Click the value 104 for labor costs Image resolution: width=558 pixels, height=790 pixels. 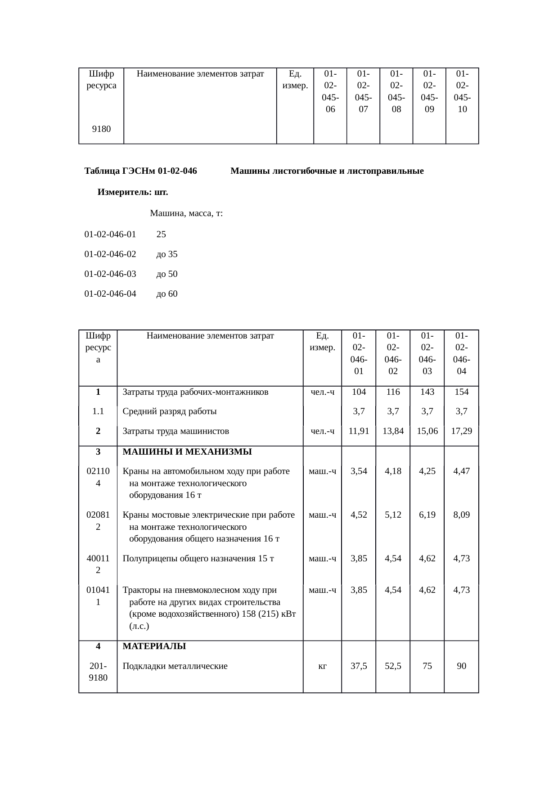pos(359,392)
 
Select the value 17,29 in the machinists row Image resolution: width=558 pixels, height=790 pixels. pos(461,431)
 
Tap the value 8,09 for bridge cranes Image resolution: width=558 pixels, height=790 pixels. pos(461,515)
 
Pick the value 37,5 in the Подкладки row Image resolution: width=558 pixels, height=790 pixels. pos(359,666)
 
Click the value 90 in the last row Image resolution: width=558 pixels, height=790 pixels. pos(461,666)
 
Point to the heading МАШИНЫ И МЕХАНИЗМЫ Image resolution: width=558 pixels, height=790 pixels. pos(187,451)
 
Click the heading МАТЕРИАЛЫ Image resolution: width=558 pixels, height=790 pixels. pos(154,646)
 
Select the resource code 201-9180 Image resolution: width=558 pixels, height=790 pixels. pos(98,671)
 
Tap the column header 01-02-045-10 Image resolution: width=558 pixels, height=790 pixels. pos(462,91)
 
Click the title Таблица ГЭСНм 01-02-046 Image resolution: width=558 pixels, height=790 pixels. pos(140,171)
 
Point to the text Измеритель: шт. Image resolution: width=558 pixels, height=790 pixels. pos(133,192)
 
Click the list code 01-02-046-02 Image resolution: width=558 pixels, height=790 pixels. pos(110,254)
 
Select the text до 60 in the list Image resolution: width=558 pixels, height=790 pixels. pos(166,293)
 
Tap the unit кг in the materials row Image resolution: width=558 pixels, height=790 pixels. pos(322,666)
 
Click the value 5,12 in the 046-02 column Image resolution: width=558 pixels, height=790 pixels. pos(393,515)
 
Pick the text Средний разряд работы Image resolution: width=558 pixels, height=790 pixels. pos(170,411)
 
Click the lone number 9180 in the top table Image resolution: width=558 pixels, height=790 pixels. pos(101,129)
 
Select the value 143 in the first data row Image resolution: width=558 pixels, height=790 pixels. pos(427,392)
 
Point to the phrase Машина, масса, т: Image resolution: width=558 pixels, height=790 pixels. pos(186,213)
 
